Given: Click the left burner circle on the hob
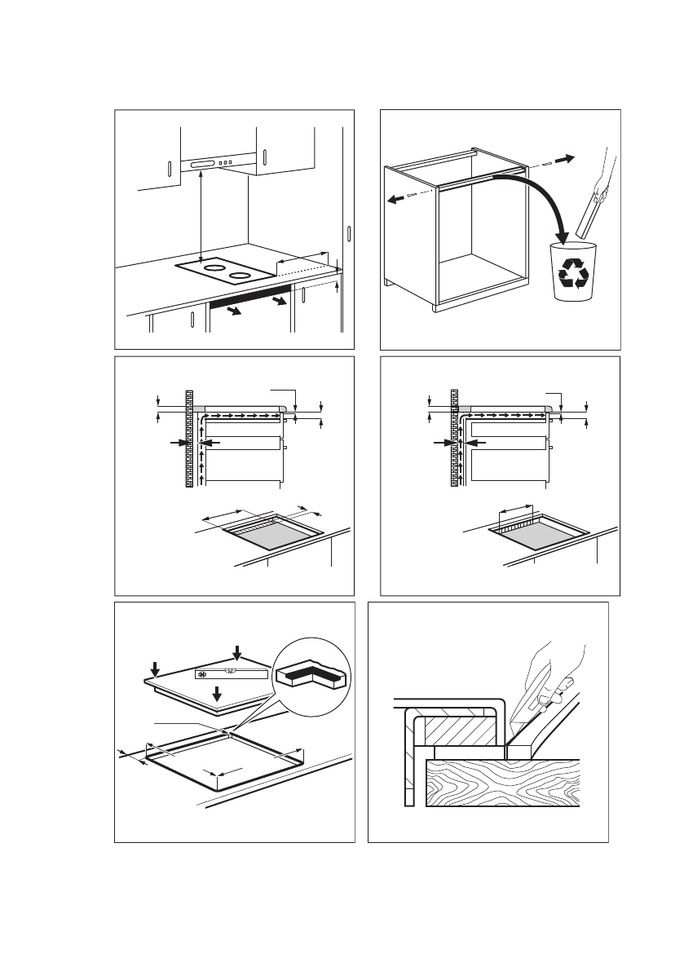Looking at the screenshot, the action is click(214, 267).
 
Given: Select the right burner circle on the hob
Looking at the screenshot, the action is click(240, 276).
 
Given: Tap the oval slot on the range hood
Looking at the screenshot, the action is click(199, 166).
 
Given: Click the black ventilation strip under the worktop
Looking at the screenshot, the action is click(250, 294).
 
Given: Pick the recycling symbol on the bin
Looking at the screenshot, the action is click(572, 274).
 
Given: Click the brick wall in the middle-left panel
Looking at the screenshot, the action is click(189, 440).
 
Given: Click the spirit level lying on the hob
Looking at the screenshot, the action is click(232, 673).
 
